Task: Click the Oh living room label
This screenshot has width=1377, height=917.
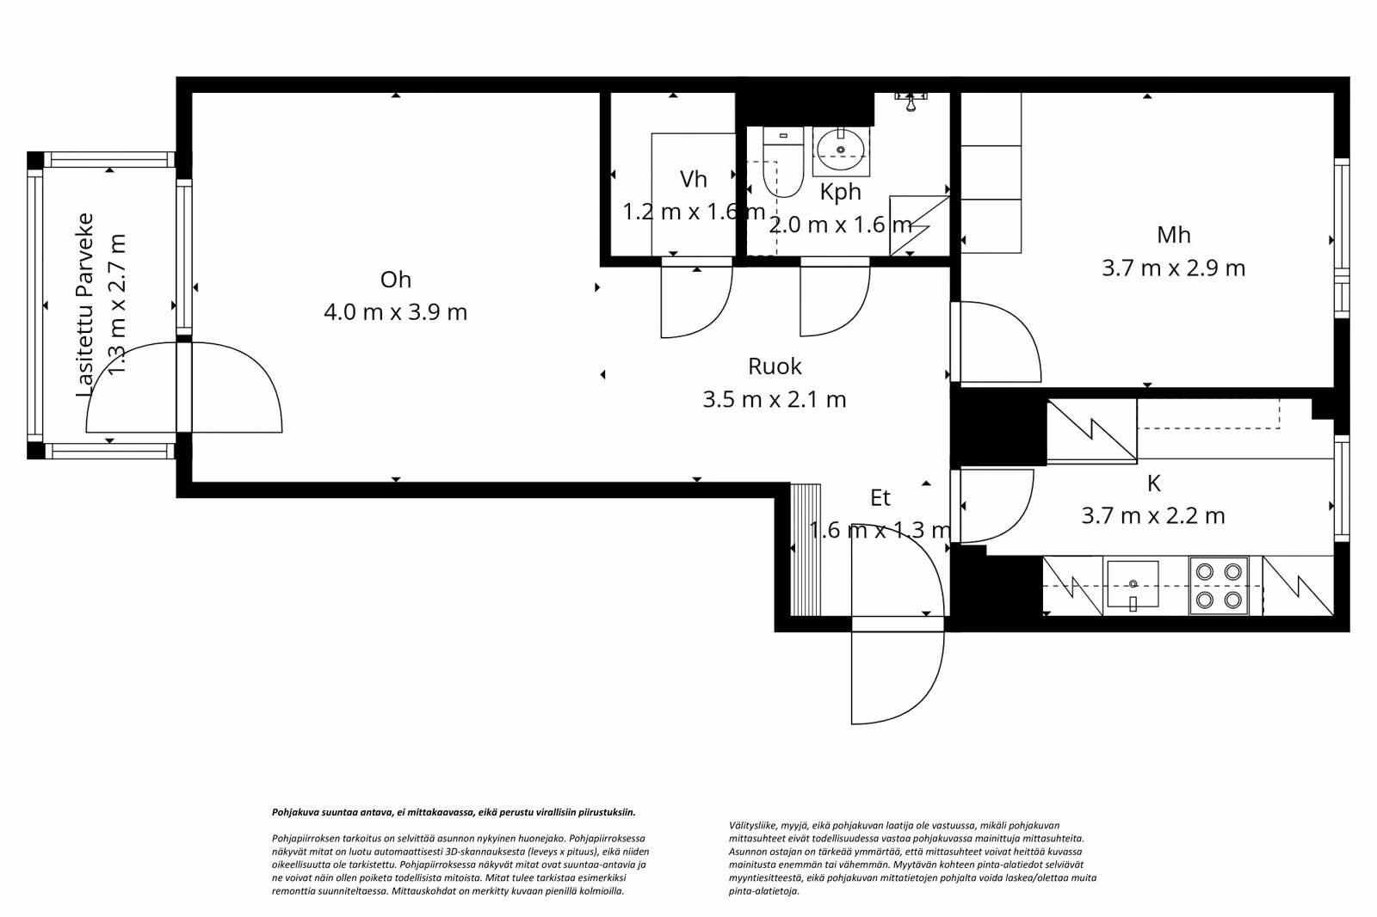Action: point(395,280)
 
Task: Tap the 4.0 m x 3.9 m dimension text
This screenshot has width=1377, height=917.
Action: point(395,311)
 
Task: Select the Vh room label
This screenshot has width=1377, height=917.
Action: point(693,179)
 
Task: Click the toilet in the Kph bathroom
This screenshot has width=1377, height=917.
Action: point(782,163)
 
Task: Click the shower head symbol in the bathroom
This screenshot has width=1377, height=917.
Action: point(910,101)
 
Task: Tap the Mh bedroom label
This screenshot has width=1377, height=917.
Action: point(1173,234)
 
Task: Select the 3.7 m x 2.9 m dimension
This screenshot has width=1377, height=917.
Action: point(1173,268)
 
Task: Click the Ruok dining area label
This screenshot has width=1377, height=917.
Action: point(775,366)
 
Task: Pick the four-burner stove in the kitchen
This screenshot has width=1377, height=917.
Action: point(1219,586)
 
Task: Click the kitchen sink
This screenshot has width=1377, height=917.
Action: point(1133,585)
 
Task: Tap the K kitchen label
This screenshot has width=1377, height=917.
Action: point(1153,483)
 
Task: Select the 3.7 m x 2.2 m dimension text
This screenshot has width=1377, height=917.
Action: point(1153,515)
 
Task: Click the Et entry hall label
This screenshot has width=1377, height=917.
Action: point(880,497)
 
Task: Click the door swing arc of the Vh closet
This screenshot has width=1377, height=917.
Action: point(697,301)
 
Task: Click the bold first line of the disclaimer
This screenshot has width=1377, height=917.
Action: point(454,811)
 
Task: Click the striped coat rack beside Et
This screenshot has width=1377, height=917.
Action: point(806,551)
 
